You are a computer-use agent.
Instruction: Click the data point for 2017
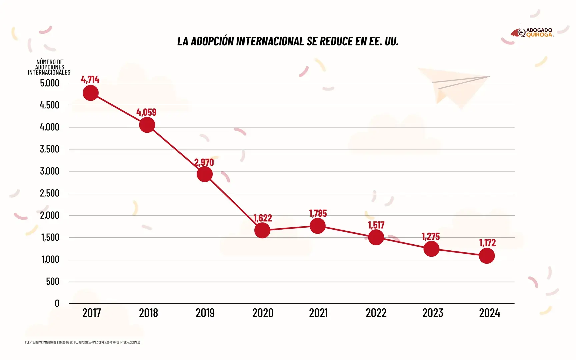pyautogui.click(x=90, y=93)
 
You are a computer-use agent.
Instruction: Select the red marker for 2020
pyautogui.click(x=262, y=230)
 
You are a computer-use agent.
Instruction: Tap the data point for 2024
pyautogui.click(x=487, y=256)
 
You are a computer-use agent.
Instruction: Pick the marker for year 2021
pyautogui.click(x=318, y=226)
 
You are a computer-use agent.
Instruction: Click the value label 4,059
pyautogui.click(x=146, y=112)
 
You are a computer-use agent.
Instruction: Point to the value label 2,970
pyautogui.click(x=204, y=162)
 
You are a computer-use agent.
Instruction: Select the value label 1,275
pyautogui.click(x=431, y=237)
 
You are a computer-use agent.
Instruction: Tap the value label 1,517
pyautogui.click(x=376, y=225)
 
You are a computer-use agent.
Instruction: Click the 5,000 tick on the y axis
pyautogui.click(x=50, y=83)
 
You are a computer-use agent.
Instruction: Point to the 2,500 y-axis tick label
pyautogui.click(x=50, y=193)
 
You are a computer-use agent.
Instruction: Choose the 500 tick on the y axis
pyautogui.click(x=53, y=282)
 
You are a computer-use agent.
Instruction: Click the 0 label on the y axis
pyautogui.click(x=57, y=303)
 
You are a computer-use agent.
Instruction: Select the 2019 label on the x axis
pyautogui.click(x=205, y=313)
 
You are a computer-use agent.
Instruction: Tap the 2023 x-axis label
pyautogui.click(x=433, y=313)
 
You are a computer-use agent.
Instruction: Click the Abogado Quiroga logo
pyautogui.click(x=532, y=32)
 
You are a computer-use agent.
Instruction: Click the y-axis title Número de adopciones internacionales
pyautogui.click(x=49, y=67)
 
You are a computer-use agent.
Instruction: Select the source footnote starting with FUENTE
pyautogui.click(x=83, y=342)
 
